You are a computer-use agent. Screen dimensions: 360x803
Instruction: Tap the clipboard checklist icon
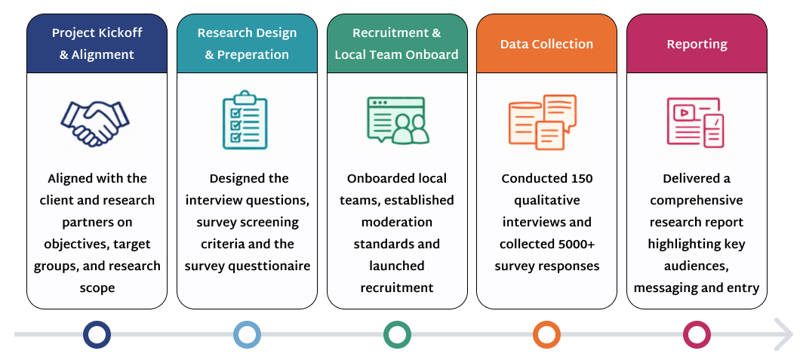245,121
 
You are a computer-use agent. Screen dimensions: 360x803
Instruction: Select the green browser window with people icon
396,121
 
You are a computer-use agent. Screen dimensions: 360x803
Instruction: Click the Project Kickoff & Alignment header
97,44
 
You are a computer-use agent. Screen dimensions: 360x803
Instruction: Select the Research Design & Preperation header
247,44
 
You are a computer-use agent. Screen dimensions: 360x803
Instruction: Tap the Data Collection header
546,44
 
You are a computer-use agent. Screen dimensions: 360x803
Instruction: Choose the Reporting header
697,44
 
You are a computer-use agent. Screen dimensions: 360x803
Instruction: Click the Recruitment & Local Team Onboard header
396,44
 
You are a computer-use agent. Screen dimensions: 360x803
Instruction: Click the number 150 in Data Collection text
579,179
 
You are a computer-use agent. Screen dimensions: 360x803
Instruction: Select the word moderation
397,223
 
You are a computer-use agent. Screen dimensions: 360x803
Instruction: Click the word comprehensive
697,201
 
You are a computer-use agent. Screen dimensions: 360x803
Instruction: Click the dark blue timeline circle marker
97,334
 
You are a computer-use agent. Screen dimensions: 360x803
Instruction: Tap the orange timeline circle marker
546,334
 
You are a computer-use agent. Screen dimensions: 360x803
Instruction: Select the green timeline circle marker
397,334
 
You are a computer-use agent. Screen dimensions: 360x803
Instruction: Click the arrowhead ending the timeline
789,335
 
